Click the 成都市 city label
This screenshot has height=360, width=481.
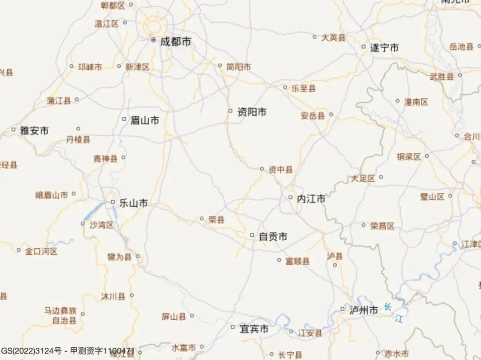click(x=175, y=42)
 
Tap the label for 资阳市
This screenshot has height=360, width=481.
click(x=252, y=112)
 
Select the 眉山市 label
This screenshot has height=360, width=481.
click(x=145, y=120)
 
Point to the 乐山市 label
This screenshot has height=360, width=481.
click(x=133, y=203)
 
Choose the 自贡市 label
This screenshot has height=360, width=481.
click(x=273, y=237)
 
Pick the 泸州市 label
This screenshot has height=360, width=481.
click(x=364, y=310)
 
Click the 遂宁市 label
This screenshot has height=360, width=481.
click(x=384, y=48)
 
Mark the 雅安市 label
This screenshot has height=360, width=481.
click(x=34, y=131)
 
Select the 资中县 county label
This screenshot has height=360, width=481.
click(x=280, y=170)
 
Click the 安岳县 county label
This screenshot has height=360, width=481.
click(x=313, y=116)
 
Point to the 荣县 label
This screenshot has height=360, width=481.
click(x=216, y=219)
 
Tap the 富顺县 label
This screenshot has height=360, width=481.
click(x=297, y=261)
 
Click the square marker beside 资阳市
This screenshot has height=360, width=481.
click(x=230, y=111)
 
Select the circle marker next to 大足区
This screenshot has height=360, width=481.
click(x=381, y=177)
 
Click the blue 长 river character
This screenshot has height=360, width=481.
click(x=387, y=307)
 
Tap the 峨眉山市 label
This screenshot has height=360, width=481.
click(x=51, y=195)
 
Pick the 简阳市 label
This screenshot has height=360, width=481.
click(x=238, y=66)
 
